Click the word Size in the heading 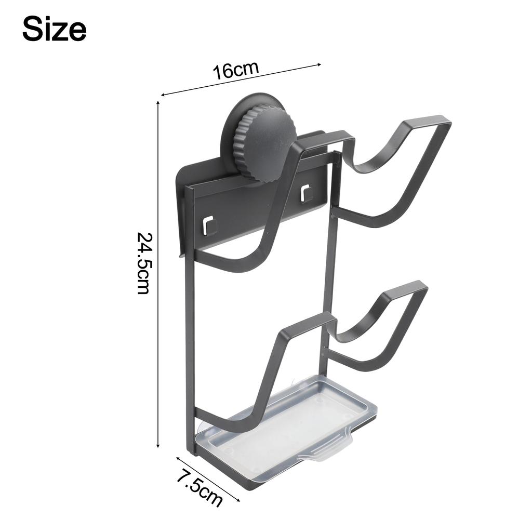pos(54,29)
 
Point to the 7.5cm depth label pos(199,488)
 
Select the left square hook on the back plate pos(210,224)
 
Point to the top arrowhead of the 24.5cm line pos(157,104)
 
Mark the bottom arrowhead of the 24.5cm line pos(157,445)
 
